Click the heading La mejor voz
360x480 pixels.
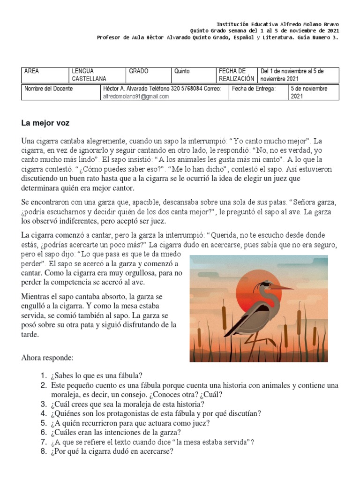coord(45,123)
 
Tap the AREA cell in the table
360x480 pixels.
coord(32,71)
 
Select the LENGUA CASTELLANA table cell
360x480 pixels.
coord(89,75)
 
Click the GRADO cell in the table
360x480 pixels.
coord(139,71)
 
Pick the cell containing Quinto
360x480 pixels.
coord(182,71)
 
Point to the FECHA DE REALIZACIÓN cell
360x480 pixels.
coord(236,75)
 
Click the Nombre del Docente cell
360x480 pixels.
coord(49,89)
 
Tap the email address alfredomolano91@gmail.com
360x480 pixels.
coord(136,97)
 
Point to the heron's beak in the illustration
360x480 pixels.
coord(285,286)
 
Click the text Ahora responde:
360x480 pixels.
coord(47,358)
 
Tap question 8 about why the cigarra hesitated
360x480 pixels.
coord(112,451)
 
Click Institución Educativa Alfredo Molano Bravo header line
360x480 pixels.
coord(277,24)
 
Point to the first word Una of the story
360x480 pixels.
coord(28,141)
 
